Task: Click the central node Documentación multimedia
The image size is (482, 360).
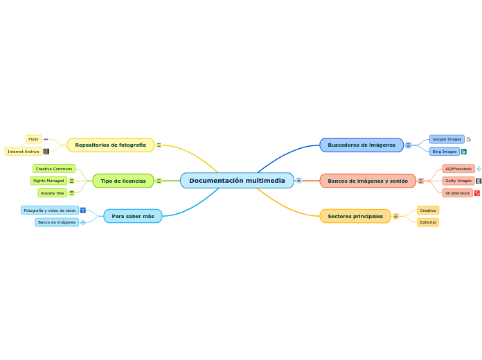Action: point(237,181)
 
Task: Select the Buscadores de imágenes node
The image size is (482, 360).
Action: point(361,145)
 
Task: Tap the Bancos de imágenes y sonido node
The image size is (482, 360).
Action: point(367,181)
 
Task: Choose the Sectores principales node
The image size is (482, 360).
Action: point(355,217)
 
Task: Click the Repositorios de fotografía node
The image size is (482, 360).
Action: point(110,145)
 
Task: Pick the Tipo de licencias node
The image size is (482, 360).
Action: point(123,181)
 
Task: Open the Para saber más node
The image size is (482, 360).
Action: point(132,217)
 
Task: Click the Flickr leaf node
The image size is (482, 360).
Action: point(33,139)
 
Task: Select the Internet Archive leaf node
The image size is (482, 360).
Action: point(24,152)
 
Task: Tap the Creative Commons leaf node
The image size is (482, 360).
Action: point(53,169)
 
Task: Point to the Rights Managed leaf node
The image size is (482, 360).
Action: point(48,181)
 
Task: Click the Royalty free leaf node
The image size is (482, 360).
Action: point(52,193)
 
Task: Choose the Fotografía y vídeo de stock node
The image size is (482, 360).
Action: point(49,210)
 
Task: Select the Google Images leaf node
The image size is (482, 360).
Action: point(447,139)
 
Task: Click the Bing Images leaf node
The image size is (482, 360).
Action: point(444,152)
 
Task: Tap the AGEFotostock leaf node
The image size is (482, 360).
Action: point(458,169)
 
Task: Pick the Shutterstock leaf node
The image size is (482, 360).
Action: point(457,193)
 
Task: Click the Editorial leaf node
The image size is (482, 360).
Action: point(428,222)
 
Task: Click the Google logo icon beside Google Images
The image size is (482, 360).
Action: point(469,139)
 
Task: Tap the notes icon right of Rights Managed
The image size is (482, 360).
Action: point(71,181)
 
